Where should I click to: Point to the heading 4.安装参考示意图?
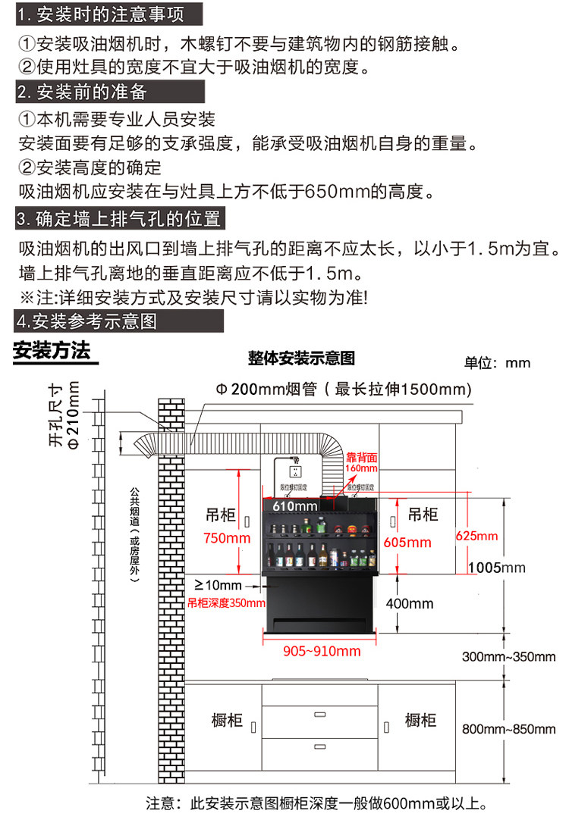[86, 321]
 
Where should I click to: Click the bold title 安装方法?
[52, 352]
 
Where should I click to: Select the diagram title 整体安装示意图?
[301, 358]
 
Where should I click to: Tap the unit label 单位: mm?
[497, 363]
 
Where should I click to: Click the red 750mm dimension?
[227, 539]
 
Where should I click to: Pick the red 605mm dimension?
[407, 542]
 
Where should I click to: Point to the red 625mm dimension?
[476, 537]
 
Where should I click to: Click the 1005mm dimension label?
[497, 568]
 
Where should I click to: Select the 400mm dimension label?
[410, 603]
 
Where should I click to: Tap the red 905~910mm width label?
[322, 651]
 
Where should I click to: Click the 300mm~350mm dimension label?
[509, 656]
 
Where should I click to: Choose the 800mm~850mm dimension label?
[509, 729]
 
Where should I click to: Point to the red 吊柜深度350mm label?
[226, 604]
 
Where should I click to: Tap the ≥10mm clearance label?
[218, 585]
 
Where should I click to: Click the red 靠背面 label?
[362, 458]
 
